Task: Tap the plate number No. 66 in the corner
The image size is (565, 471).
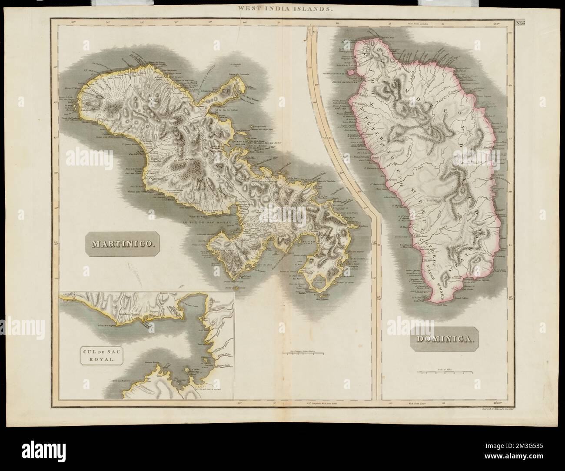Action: [519, 24]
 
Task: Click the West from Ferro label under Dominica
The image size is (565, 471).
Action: [417, 403]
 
